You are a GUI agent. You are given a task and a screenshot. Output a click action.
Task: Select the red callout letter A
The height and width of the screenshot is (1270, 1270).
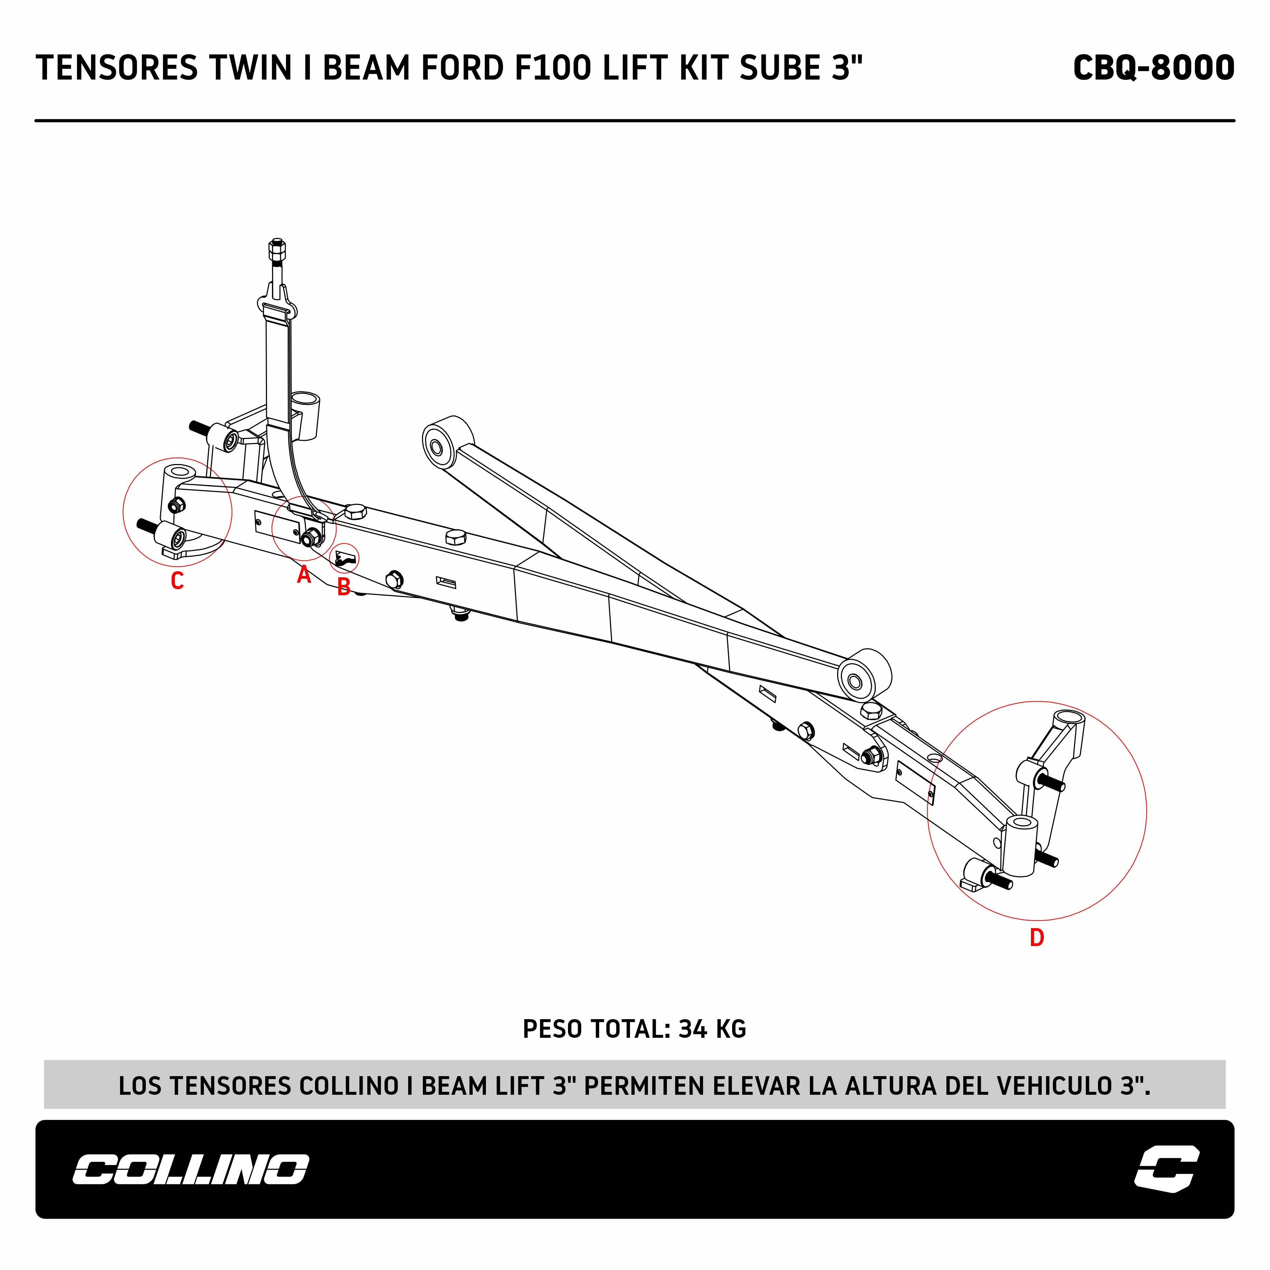(304, 575)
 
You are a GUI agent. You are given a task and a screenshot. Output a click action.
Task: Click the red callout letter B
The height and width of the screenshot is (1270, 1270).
(343, 587)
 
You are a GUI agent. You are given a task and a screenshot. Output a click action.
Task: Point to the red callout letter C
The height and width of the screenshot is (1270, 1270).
(177, 581)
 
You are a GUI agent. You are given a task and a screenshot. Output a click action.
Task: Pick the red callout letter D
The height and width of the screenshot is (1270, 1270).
(1037, 937)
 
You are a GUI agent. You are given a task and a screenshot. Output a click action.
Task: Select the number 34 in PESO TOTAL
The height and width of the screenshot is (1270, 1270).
(693, 1029)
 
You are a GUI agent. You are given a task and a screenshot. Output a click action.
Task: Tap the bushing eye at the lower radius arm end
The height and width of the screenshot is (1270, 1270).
(855, 682)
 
